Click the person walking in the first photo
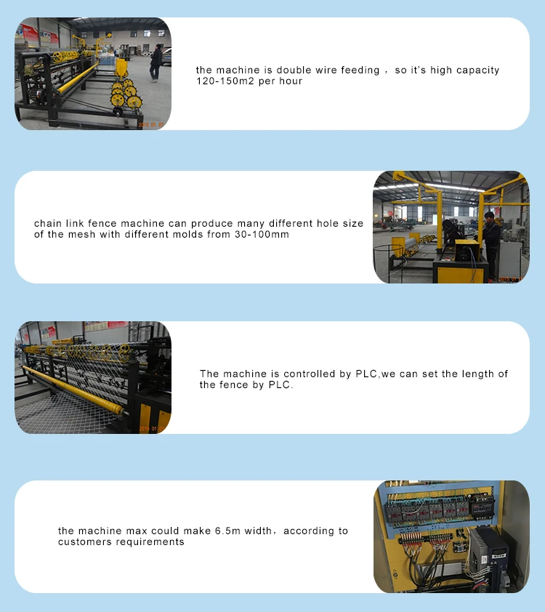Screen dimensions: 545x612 (156, 63)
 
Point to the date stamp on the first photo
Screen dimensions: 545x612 (151, 125)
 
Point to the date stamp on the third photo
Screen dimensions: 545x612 (152, 429)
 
